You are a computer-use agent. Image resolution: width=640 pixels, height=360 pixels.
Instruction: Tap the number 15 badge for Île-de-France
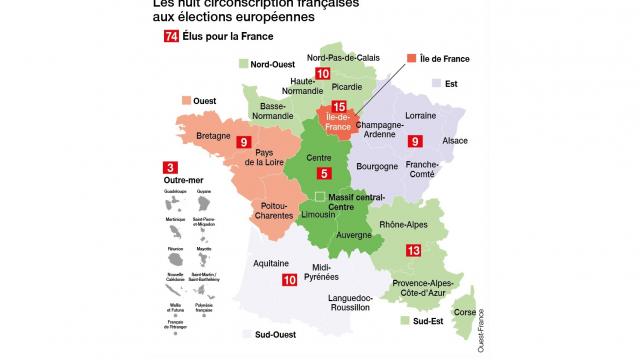(340, 107)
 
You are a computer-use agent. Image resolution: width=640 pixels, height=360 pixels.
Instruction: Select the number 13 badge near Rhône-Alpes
(413, 251)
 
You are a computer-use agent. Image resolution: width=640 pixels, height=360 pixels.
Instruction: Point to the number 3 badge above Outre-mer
(172, 168)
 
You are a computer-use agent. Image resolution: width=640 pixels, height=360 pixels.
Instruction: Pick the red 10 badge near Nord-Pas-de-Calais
(322, 74)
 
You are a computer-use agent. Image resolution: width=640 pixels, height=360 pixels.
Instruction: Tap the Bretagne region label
(214, 135)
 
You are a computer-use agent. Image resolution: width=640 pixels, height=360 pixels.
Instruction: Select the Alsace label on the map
(454, 142)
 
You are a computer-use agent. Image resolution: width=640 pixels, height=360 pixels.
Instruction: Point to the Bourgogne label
(377, 168)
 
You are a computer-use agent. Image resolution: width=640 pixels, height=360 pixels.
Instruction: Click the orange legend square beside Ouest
(186, 100)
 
